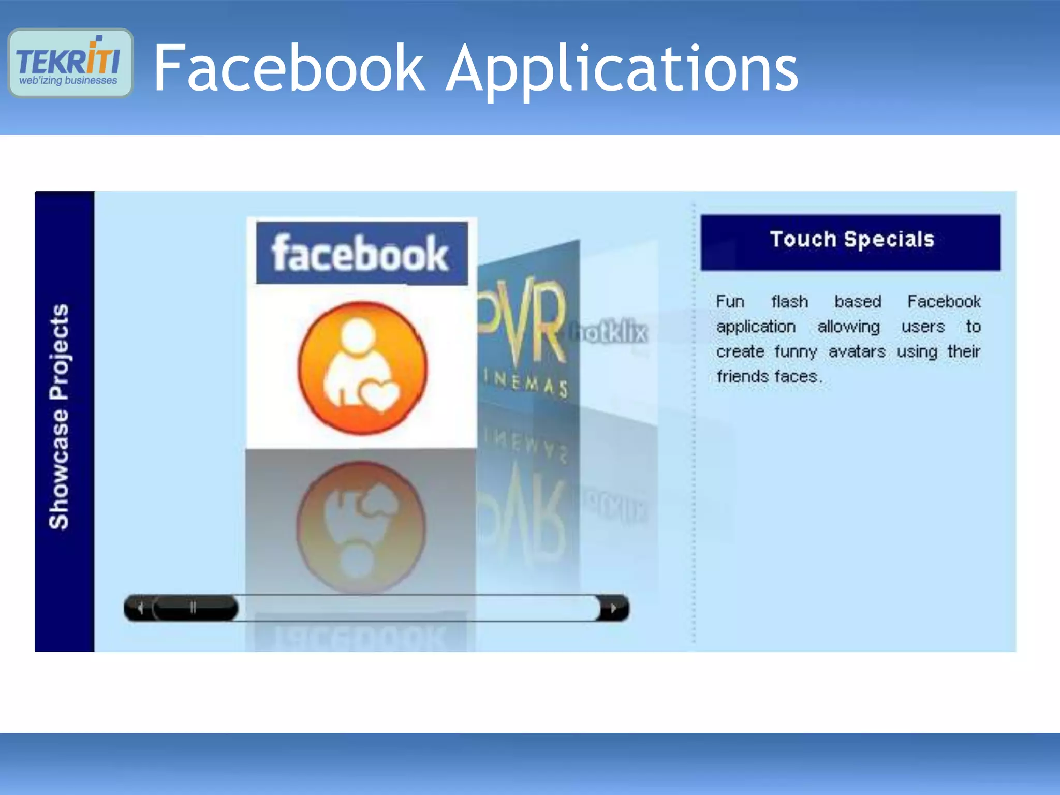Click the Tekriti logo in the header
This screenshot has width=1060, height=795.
(x=70, y=63)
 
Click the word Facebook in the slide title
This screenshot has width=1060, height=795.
(x=289, y=68)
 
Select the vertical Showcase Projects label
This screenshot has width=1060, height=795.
(x=59, y=417)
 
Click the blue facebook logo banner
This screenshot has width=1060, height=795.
(x=361, y=253)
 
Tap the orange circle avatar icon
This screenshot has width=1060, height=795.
(x=362, y=368)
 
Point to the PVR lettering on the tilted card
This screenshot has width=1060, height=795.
(x=523, y=323)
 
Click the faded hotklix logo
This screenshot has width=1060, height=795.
(x=609, y=332)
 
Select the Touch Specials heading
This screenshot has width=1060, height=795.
(x=851, y=240)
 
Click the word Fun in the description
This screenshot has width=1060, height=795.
(x=730, y=301)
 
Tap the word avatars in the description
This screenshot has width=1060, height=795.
(x=857, y=351)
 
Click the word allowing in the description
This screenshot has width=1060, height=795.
(x=848, y=327)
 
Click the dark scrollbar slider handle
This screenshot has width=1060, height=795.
(x=194, y=608)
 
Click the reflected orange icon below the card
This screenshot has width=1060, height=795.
(x=361, y=525)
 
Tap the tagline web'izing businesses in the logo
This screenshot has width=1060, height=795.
(x=68, y=81)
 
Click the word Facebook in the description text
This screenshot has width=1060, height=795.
(x=944, y=301)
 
